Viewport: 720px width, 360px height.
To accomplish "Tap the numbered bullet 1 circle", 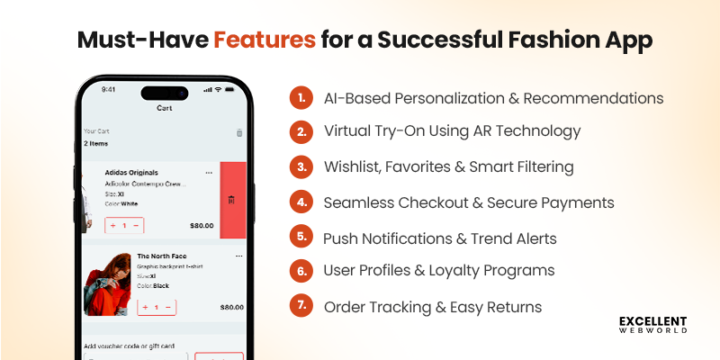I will pyautogui.click(x=300, y=97).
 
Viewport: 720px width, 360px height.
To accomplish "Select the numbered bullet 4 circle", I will pyautogui.click(x=300, y=202).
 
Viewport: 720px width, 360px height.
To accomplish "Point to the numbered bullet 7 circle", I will pyautogui.click(x=300, y=307).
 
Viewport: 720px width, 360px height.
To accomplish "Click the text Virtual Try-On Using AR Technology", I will pyautogui.click(x=452, y=131).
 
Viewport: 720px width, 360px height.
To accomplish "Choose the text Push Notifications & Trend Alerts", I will pyautogui.click(x=440, y=238).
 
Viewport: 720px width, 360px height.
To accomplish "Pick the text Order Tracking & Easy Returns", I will pyautogui.click(x=433, y=307).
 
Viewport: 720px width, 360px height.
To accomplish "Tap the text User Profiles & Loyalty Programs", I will pyautogui.click(x=438, y=270).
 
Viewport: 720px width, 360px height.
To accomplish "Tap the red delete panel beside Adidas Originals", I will pyautogui.click(x=232, y=200).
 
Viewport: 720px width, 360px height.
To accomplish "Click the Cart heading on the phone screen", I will pyautogui.click(x=165, y=108).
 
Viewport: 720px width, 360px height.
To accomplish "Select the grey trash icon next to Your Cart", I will pyautogui.click(x=239, y=133).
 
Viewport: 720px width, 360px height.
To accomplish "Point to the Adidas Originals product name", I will pyautogui.click(x=131, y=172).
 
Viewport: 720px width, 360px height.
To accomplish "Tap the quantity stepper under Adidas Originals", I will pyautogui.click(x=124, y=225).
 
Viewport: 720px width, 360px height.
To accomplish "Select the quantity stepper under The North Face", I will pyautogui.click(x=157, y=307).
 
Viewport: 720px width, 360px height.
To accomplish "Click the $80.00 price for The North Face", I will pyautogui.click(x=231, y=307).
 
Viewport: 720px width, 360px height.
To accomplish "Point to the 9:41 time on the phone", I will pyautogui.click(x=109, y=90).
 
